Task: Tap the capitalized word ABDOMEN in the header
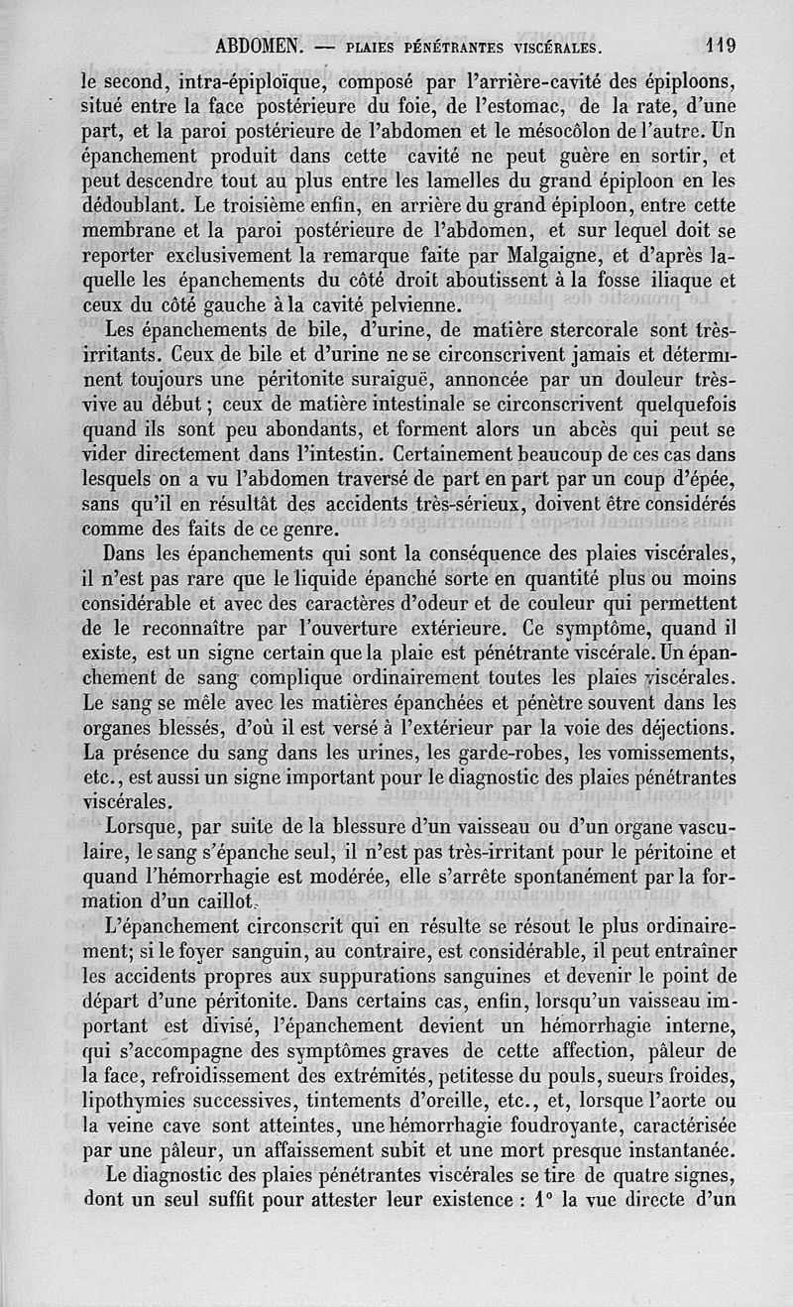point(260,46)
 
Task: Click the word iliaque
point(698,280)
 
